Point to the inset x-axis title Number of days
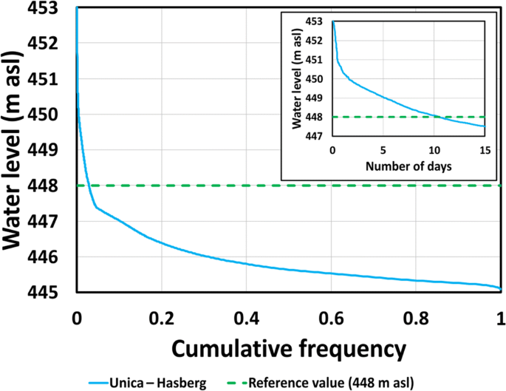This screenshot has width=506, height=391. click(408, 166)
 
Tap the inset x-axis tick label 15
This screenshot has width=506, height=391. click(485, 150)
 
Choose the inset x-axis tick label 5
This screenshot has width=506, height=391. click(383, 150)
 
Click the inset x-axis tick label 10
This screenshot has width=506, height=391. click(434, 150)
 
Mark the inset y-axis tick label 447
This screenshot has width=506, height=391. click(319, 137)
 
